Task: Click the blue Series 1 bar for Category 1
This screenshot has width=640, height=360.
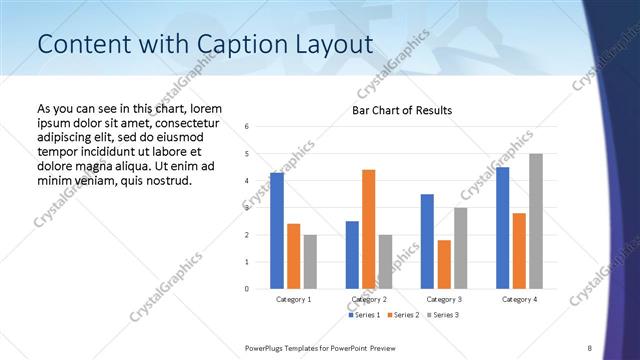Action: click(276, 231)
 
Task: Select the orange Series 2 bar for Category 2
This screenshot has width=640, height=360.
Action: click(368, 229)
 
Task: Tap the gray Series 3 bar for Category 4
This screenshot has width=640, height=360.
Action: click(536, 221)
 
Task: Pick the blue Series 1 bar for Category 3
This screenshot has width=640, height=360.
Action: click(427, 241)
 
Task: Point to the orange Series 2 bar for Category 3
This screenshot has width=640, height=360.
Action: click(444, 264)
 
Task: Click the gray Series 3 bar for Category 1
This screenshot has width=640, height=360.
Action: click(310, 262)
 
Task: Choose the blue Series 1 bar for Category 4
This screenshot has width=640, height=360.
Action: click(502, 228)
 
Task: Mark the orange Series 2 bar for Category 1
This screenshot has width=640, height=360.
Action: click(293, 256)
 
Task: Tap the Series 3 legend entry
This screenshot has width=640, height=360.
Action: click(444, 315)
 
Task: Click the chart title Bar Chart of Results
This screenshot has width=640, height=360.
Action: click(402, 110)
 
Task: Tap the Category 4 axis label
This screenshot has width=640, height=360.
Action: click(519, 299)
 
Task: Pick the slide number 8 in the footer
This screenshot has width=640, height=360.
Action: click(590, 346)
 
